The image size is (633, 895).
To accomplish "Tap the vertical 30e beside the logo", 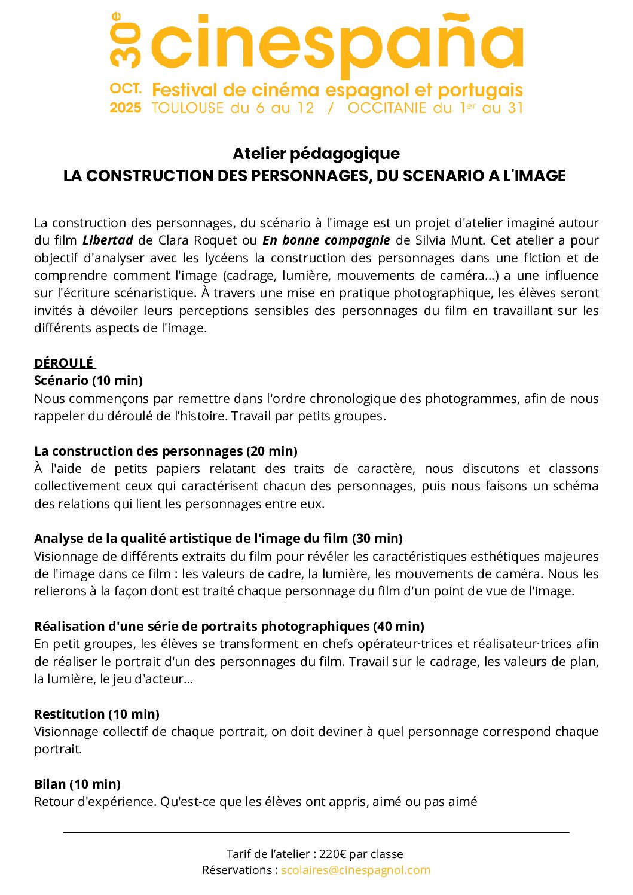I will [125, 39].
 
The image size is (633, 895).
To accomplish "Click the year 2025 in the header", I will [126, 108].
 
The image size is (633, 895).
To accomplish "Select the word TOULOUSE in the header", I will [188, 108].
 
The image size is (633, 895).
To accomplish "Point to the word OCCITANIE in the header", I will [388, 108].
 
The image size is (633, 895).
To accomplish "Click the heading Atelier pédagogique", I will [316, 154].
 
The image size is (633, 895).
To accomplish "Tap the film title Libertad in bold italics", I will [108, 240].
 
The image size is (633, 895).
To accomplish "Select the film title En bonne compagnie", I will [326, 240].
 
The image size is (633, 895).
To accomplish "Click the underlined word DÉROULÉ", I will [64, 364].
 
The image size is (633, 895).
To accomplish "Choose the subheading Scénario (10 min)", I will [88, 381].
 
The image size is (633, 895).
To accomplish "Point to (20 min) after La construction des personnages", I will [272, 451].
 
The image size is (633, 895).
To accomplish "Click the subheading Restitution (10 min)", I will [97, 714].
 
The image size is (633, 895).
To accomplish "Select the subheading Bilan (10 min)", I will [78, 784].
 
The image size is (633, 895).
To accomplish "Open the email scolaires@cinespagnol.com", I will [356, 870].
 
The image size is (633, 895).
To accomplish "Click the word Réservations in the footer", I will [237, 870].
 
